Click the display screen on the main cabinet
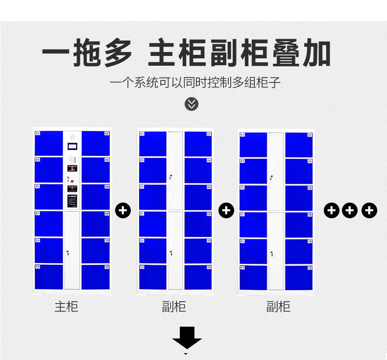[73, 146]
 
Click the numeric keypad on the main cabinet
[73, 160]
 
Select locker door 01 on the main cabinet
[49, 143]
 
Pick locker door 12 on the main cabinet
[96, 277]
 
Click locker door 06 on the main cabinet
[96, 197]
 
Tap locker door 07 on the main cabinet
[49, 224]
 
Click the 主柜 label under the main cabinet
[66, 307]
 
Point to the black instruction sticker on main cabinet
[73, 201]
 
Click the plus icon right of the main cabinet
[123, 210]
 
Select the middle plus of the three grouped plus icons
[350, 210]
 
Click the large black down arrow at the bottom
[187, 337]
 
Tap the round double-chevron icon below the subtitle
[192, 104]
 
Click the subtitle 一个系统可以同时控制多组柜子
[195, 81]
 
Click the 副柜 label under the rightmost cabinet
[278, 307]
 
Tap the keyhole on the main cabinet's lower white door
[68, 253]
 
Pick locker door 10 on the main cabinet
[96, 250]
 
